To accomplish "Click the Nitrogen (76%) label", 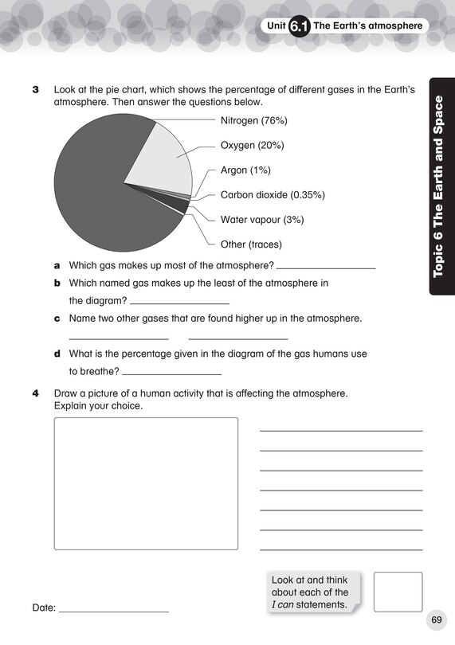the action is click(x=253, y=120).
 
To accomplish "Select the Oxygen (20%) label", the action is click(x=252, y=146).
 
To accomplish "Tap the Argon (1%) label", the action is click(x=245, y=170).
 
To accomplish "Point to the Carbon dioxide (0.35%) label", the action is click(x=273, y=195).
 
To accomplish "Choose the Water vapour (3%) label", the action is click(x=261, y=220).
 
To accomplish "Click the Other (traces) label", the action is click(x=251, y=244).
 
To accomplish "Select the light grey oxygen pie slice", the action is click(x=163, y=159).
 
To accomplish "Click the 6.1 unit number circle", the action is click(x=299, y=27).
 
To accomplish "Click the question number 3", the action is click(x=35, y=91).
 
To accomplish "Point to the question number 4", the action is click(x=35, y=393).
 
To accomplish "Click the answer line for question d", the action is click(x=172, y=373).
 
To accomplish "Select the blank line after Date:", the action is click(x=114, y=611).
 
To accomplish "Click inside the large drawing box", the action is click(x=146, y=483).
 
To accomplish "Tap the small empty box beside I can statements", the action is click(x=398, y=592).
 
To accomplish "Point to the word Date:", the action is click(x=44, y=608).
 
